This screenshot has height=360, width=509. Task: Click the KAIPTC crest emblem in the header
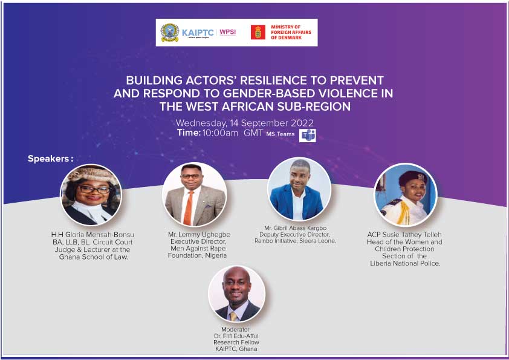(x=170, y=33)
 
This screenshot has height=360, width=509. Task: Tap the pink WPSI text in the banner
(x=227, y=32)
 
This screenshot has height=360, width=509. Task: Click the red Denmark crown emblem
(x=258, y=32)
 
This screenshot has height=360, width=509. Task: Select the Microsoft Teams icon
(x=308, y=135)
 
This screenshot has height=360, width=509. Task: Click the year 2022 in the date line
(x=302, y=123)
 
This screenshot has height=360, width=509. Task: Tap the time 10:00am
(x=220, y=133)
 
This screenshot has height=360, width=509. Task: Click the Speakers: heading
(x=51, y=159)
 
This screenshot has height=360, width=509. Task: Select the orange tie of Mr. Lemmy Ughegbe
(x=189, y=208)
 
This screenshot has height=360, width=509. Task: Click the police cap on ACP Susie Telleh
(x=412, y=177)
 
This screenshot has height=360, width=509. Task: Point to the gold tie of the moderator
(x=233, y=316)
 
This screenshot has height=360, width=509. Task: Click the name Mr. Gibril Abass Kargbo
(x=296, y=228)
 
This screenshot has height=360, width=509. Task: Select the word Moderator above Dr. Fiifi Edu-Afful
(x=235, y=330)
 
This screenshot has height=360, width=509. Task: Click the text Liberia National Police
(x=405, y=264)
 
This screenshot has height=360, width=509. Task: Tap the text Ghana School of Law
(x=94, y=257)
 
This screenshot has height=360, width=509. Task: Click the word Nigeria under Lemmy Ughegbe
(x=216, y=256)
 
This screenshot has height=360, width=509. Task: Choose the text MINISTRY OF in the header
(x=286, y=27)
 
